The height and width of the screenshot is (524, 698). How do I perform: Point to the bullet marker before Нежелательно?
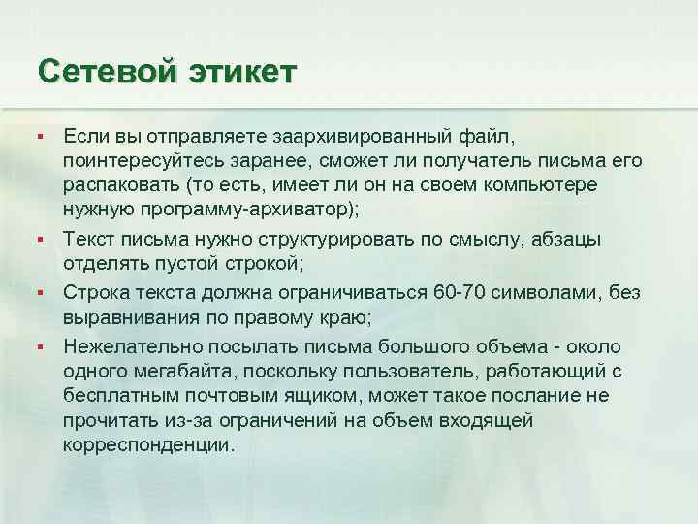pyautogui.click(x=39, y=346)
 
